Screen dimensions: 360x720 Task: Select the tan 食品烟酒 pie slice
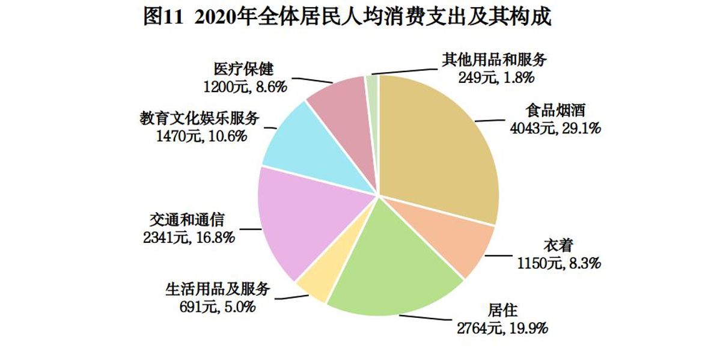click(x=439, y=144)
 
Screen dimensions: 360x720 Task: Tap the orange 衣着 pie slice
click(x=451, y=240)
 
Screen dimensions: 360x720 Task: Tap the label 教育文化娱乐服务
click(x=200, y=118)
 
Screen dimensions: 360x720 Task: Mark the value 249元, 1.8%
click(x=496, y=77)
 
